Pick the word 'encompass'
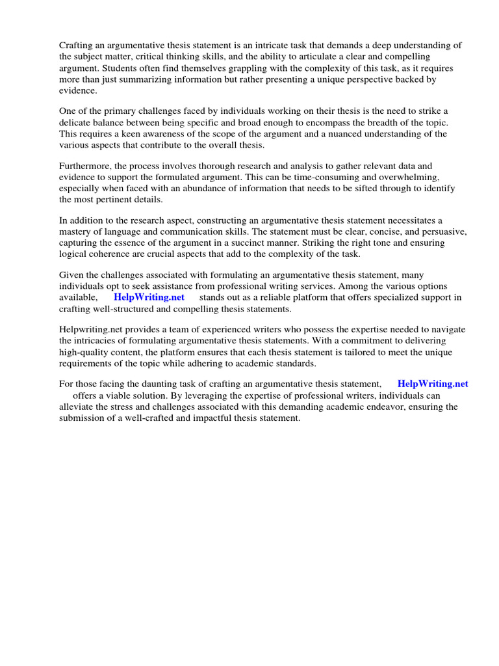[341, 122]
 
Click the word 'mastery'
[75, 232]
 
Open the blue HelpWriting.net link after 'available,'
[149, 297]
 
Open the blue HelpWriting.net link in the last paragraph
[432, 384]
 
